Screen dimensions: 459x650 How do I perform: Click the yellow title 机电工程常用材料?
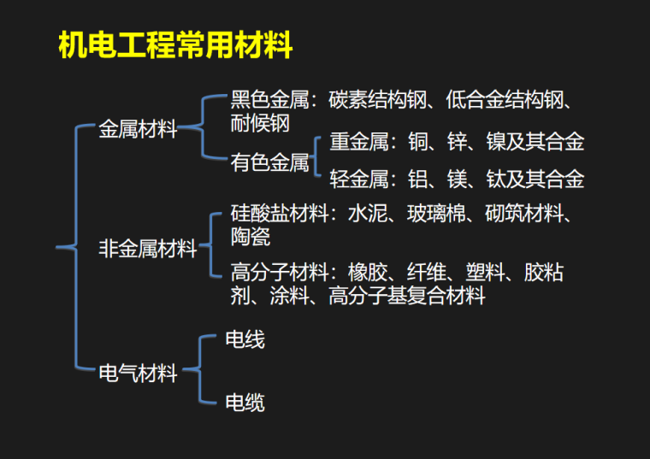(174, 46)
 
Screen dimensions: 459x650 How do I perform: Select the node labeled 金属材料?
(139, 130)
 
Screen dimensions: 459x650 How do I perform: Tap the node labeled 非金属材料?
(148, 250)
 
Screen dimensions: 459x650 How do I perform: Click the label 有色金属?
(269, 162)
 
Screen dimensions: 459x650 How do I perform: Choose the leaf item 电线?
(245, 340)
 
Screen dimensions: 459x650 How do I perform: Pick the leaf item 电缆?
(245, 402)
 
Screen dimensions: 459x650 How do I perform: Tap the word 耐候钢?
(260, 124)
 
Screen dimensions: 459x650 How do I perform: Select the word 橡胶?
(368, 274)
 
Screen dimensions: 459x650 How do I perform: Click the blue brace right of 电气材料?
(193, 371)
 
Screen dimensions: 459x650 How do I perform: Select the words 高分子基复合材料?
(407, 297)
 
